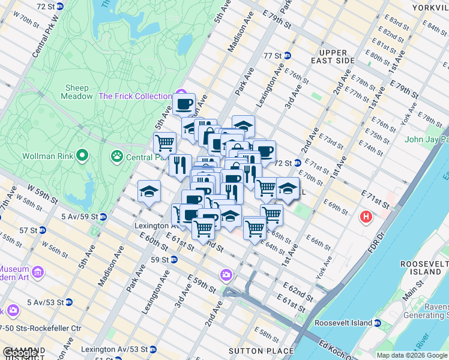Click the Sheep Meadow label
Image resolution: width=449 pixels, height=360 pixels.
click(77, 92)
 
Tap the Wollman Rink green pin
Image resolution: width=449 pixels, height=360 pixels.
click(82, 157)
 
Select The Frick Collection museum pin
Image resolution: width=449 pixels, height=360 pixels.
click(181, 96)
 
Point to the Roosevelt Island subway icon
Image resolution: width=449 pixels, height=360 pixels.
click(378, 323)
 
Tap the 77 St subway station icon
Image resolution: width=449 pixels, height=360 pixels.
click(288, 56)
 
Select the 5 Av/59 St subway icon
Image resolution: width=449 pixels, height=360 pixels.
click(103, 216)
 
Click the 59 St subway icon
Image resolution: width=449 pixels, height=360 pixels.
click(173, 260)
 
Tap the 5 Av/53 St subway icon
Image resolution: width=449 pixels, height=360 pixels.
click(70, 302)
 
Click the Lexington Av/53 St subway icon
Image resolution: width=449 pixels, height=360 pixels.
click(152, 349)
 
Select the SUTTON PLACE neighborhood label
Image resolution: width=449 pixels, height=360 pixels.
click(261, 351)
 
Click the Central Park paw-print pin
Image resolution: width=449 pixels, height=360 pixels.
click(116, 157)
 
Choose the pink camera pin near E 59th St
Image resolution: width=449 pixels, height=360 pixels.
click(226, 275)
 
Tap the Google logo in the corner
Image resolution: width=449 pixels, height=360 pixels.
click(20, 353)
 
